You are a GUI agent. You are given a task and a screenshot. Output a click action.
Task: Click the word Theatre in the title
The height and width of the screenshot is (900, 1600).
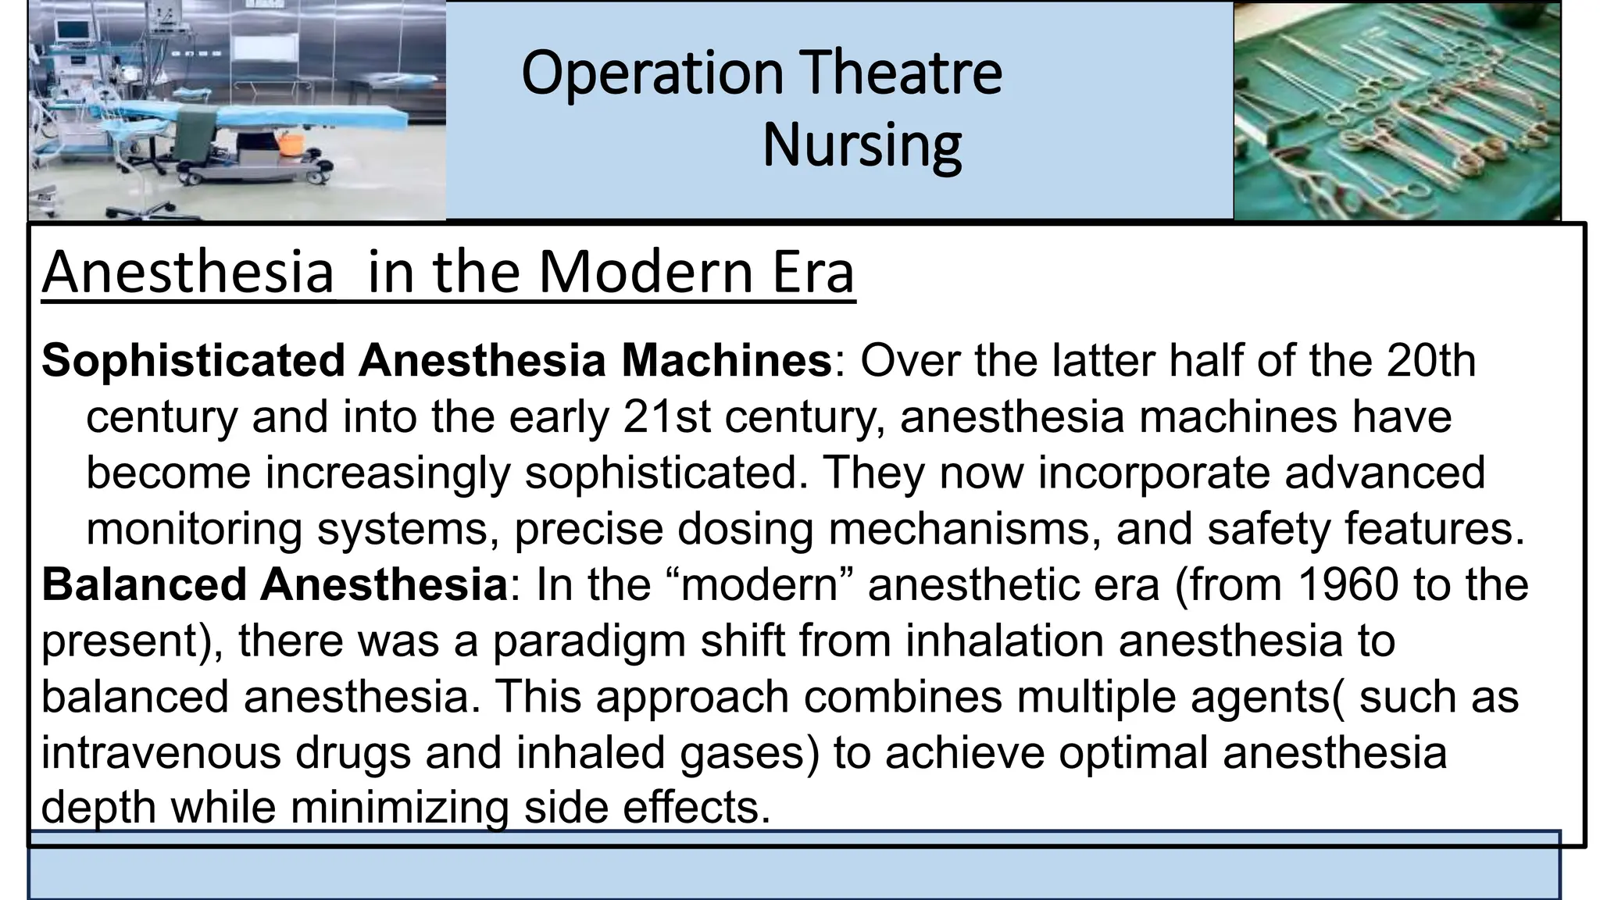[x=902, y=73]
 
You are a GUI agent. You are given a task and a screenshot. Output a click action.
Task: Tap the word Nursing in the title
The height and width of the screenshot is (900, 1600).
[x=862, y=145]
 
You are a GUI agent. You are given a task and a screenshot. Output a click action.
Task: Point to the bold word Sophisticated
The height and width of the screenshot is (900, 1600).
[x=193, y=361]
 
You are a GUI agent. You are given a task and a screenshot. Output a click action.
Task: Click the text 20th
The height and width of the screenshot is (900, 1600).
[x=1431, y=361]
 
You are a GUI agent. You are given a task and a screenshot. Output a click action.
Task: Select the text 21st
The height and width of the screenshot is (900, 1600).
[x=666, y=417]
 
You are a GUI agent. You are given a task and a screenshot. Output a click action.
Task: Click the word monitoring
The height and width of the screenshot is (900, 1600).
[x=194, y=529]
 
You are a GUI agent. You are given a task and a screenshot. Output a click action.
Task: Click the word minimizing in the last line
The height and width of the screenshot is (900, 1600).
[x=399, y=807]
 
